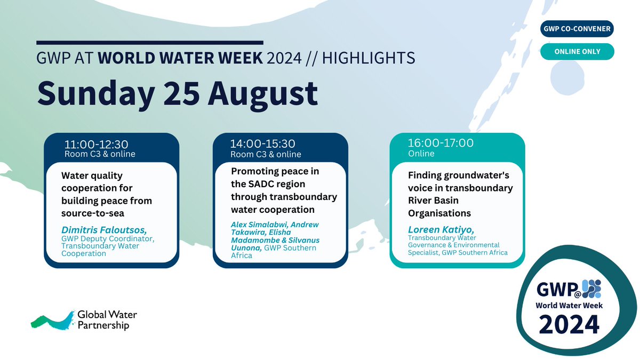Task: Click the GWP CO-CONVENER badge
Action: point(577,28)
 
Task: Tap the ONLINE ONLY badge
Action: point(577,52)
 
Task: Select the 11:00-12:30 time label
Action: point(97,144)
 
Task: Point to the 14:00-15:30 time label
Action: point(263,144)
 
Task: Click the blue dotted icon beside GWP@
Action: point(591,289)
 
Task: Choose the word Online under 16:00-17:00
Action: point(421,154)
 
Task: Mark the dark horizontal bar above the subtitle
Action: point(150,42)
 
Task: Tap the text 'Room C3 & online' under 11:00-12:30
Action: point(100,154)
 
